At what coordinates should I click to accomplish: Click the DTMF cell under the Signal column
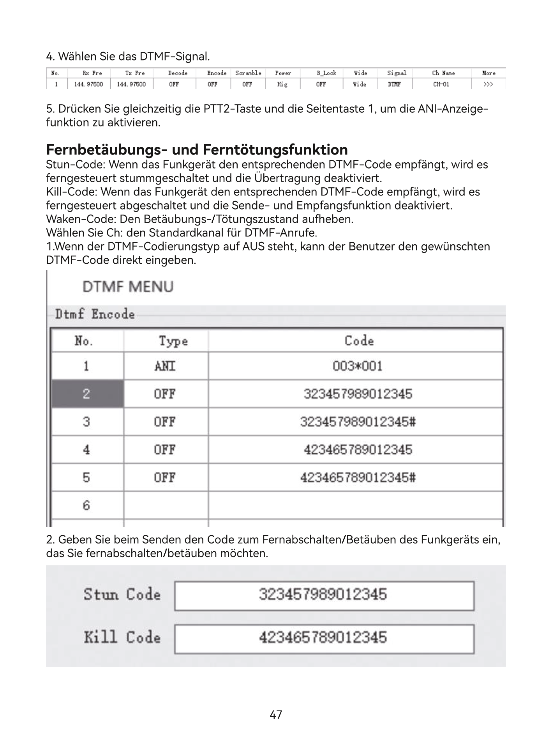(395, 84)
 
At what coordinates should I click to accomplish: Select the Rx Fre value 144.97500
(88, 84)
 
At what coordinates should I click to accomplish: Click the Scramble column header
(248, 73)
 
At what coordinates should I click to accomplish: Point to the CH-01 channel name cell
(441, 84)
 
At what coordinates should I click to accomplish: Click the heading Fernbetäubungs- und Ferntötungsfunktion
(197, 149)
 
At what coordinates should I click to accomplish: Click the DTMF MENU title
(128, 287)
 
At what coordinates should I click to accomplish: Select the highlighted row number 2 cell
(87, 394)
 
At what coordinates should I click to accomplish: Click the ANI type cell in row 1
(165, 366)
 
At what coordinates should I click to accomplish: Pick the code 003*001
(357, 366)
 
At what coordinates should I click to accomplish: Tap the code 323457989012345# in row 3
(358, 422)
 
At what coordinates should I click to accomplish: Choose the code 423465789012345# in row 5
(358, 478)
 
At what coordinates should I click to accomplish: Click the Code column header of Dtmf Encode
(359, 341)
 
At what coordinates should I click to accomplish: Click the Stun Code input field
(324, 595)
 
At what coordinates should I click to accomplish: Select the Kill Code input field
(324, 638)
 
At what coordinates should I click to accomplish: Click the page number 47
(276, 715)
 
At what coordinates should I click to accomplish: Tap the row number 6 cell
(86, 506)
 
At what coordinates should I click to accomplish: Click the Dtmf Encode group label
(95, 314)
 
